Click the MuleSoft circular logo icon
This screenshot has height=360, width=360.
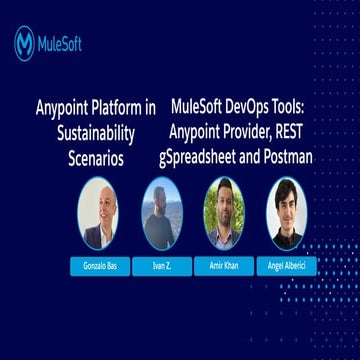[x=24, y=43]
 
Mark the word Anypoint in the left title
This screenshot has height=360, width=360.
[x=62, y=107]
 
